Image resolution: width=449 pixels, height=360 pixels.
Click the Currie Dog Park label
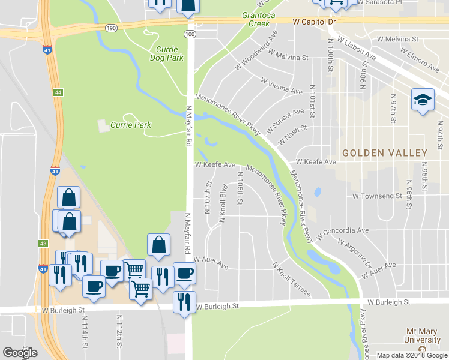166,53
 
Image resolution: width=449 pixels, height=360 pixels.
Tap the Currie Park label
130,125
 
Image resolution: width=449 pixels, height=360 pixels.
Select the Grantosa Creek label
259,19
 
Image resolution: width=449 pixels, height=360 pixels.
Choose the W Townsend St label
377,196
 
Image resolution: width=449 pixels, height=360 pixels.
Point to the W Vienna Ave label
281,85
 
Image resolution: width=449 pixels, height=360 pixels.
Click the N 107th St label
208,197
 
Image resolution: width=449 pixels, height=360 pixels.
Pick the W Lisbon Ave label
357,49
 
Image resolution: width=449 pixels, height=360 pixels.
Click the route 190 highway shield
110,28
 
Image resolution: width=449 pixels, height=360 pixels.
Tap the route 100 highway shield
190,35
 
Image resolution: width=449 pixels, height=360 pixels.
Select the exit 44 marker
58,92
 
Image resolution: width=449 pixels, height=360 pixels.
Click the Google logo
20,353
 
